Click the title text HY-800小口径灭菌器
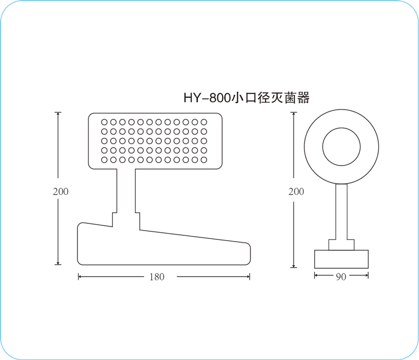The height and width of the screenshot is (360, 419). pyautogui.click(x=246, y=98)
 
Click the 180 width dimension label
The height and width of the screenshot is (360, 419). pyautogui.click(x=157, y=277)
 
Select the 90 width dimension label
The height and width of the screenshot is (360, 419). pyautogui.click(x=341, y=277)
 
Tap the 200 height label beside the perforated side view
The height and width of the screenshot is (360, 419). pyautogui.click(x=61, y=192)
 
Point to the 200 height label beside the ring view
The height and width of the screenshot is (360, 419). pyautogui.click(x=296, y=192)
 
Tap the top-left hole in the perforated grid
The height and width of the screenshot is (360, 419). pyautogui.click(x=104, y=122)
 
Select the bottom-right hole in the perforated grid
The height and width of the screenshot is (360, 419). pyautogui.click(x=204, y=160)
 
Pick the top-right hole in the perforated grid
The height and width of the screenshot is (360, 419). pyautogui.click(x=204, y=122)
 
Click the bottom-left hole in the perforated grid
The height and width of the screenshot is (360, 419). pyautogui.click(x=104, y=160)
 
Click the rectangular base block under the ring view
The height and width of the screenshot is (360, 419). pyautogui.click(x=341, y=259)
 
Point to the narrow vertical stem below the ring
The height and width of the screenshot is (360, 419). pyautogui.click(x=341, y=212)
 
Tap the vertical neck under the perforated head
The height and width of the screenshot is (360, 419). pyautogui.click(x=126, y=191)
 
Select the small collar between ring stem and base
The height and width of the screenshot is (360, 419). pyautogui.click(x=341, y=245)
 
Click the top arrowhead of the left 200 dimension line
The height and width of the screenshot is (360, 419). pyautogui.click(x=58, y=114)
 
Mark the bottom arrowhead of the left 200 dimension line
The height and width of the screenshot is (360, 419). pyautogui.click(x=58, y=263)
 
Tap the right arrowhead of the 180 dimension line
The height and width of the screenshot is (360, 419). pyautogui.click(x=248, y=277)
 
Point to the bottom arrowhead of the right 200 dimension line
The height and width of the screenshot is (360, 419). pyautogui.click(x=294, y=266)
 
